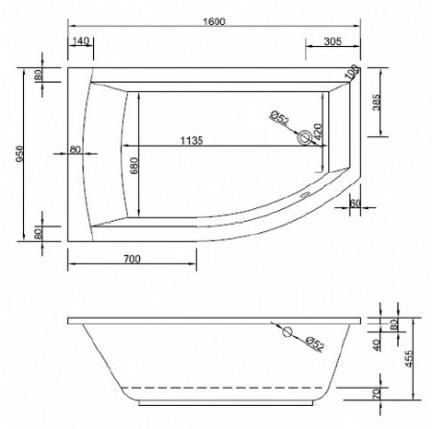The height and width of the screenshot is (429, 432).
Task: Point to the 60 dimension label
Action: [x=354, y=203]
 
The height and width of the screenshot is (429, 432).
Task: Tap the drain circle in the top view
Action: [x=305, y=137]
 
